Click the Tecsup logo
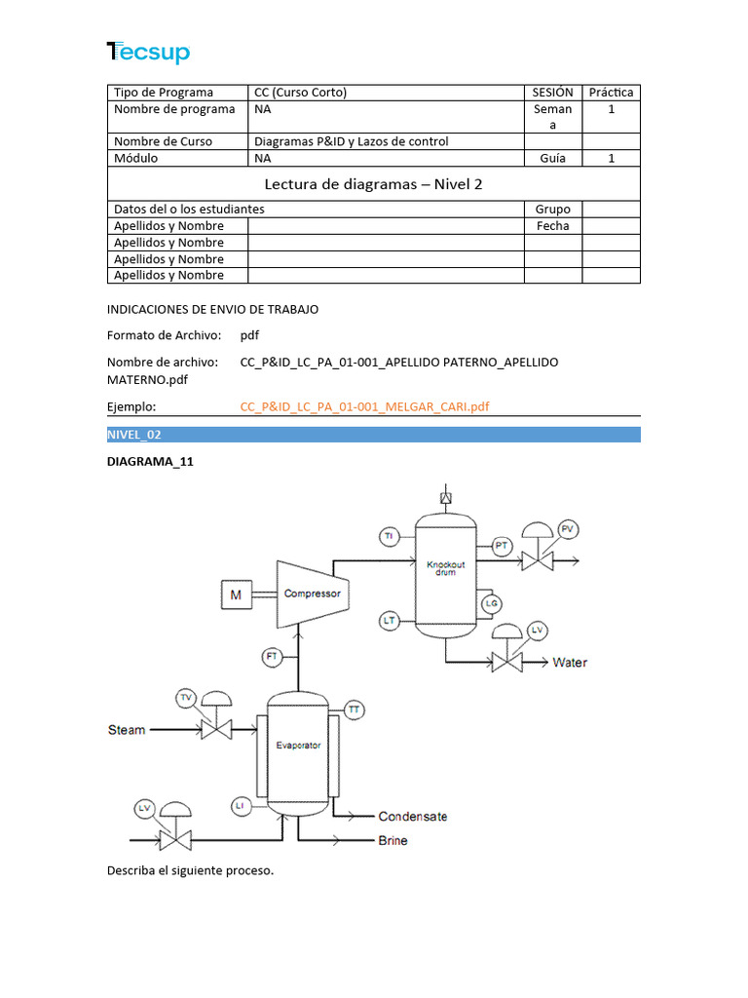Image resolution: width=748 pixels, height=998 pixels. tap(148, 53)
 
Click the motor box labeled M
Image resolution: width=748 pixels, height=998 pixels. tap(236, 595)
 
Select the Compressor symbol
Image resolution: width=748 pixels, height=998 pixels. tap(312, 594)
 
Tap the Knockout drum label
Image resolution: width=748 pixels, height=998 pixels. tap(446, 567)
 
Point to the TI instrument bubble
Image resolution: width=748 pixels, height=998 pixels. tap(389, 536)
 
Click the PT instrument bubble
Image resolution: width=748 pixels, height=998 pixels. tap(502, 546)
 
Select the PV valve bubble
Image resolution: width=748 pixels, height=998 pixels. tap(569, 529)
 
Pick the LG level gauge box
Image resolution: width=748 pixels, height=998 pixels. tap(491, 604)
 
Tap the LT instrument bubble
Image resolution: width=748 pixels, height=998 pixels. tap(389, 620)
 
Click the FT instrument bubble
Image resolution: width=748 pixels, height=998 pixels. tap(273, 657)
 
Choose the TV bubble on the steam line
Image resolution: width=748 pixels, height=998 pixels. tap(187, 697)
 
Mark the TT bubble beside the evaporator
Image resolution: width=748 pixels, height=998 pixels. tap(355, 710)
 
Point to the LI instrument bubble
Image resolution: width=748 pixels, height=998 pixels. tap(241, 805)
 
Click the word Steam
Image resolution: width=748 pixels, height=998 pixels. tap(127, 730)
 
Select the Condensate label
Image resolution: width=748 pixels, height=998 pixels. tap(413, 817)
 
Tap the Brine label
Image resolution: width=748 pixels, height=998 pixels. tap(393, 840)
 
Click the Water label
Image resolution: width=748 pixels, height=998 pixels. tap(570, 663)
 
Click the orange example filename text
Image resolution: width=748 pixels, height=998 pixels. tap(364, 406)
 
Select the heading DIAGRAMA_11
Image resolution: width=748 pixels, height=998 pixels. tap(150, 462)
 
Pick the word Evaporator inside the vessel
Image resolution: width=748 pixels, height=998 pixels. tap(298, 746)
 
